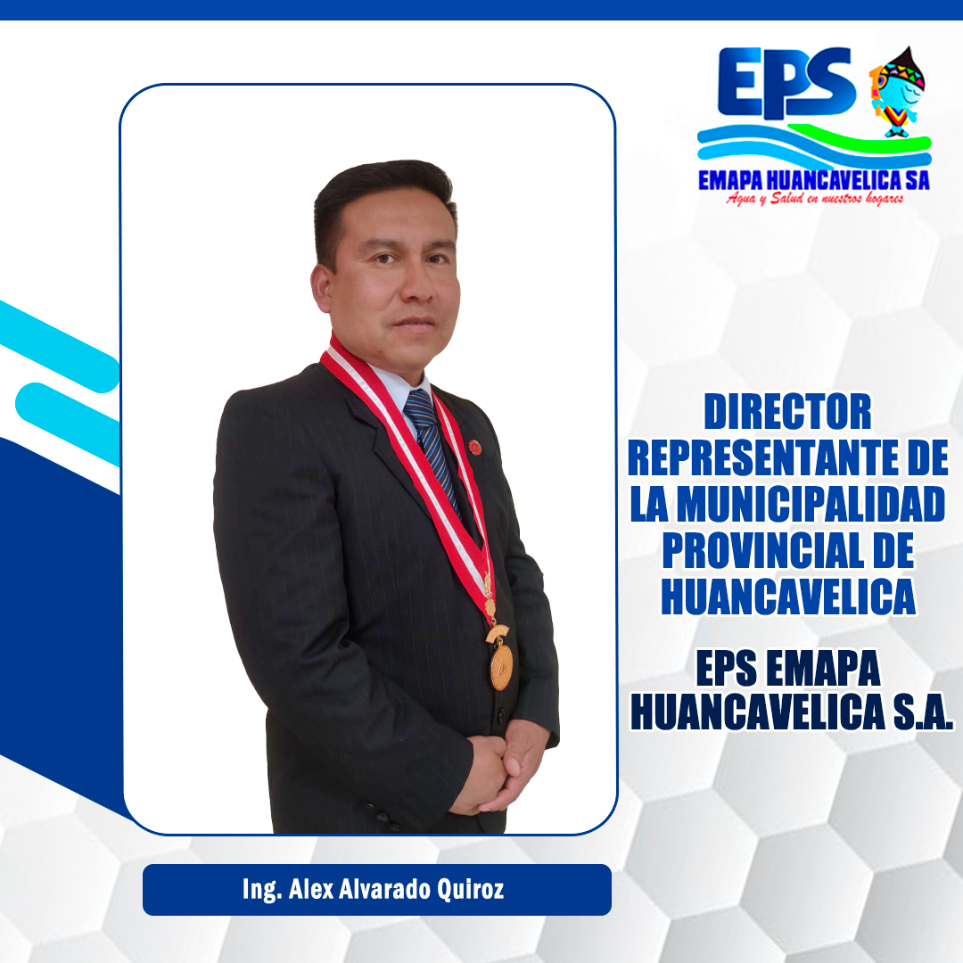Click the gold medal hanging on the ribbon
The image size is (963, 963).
coord(500,664)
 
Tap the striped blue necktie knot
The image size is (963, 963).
coord(421,407)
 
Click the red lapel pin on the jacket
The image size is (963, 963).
coord(474,447)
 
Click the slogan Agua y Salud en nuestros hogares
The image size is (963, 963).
coord(814,198)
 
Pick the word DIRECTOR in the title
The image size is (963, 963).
coord(788,411)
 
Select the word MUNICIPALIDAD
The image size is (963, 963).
coord(811,504)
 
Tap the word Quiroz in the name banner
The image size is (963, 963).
coord(471,889)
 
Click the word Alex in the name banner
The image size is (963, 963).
coord(311,889)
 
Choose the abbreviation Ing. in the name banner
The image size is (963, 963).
coord(262,890)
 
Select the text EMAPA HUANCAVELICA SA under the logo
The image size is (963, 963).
coord(814,180)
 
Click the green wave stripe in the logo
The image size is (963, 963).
coord(860,140)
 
